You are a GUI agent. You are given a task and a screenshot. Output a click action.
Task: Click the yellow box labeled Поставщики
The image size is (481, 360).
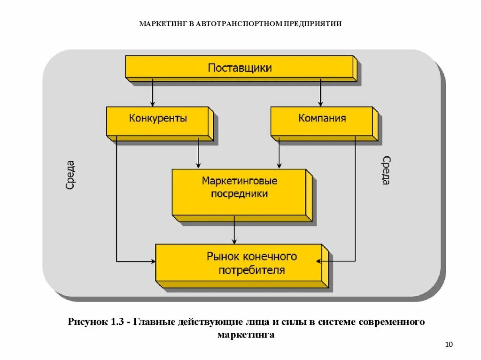click(240, 68)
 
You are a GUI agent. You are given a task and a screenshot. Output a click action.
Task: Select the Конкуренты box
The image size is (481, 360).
click(158, 119)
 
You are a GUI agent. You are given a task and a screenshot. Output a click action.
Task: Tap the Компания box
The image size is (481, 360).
click(322, 119)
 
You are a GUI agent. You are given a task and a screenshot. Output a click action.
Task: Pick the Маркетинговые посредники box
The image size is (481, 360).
click(240, 187)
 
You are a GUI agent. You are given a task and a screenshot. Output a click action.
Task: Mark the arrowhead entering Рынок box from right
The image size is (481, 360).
click(320, 261)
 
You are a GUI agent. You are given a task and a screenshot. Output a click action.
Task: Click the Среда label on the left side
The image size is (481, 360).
click(70, 175)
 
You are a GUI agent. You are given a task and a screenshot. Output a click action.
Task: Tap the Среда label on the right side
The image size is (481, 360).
click(385, 170)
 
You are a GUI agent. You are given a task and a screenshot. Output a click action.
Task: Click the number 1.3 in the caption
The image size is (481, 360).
click(117, 322)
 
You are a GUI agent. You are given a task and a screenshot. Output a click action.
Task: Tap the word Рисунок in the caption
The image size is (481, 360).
click(88, 322)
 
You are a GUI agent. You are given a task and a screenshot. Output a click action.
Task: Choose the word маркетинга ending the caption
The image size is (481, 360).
click(246, 335)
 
